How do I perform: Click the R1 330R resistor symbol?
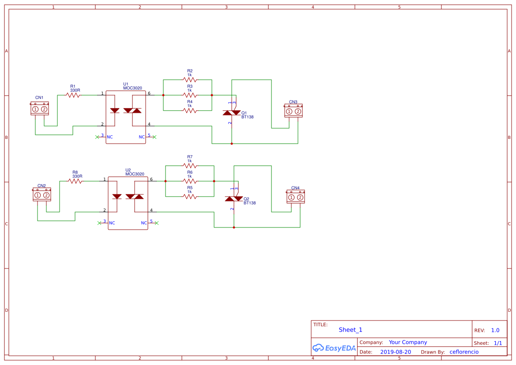coord(73,95)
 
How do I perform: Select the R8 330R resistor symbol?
coord(75,181)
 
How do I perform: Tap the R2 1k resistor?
coord(190,80)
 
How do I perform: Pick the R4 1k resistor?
coord(190,111)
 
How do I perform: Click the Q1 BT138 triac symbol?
coord(232,113)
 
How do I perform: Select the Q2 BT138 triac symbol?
coord(234,199)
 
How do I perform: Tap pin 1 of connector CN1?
coord(35,109)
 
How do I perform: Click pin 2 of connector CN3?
coord(298,111)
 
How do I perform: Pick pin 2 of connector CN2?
coord(46,195)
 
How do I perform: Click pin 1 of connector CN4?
coord(291,197)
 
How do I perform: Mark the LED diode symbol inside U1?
coord(115,110)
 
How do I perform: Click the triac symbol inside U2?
coord(135,196)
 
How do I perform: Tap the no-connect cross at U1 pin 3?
coord(97,137)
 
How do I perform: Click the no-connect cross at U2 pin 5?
coord(156,223)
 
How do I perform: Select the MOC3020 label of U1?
coord(132,88)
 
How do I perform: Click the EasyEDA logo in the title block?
coord(334,348)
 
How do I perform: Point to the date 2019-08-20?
coord(395,352)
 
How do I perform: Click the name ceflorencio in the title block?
coord(463,352)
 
